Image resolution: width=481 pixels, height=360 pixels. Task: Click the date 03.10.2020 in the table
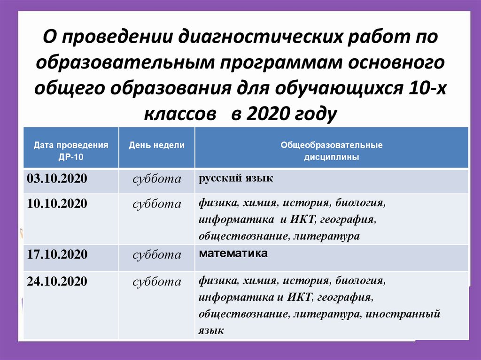[x=57, y=179]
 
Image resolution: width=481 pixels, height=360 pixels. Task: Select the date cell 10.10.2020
[x=57, y=204]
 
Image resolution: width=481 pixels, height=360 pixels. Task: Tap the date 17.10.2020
[x=57, y=255]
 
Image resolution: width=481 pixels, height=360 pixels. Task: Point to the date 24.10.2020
[x=57, y=282]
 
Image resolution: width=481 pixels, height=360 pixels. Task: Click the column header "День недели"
[x=157, y=146]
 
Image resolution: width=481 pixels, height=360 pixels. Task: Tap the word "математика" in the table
[x=233, y=254]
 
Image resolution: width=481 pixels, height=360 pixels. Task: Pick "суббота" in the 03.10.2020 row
[x=157, y=179]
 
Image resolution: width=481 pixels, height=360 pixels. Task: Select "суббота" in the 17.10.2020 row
[x=157, y=255]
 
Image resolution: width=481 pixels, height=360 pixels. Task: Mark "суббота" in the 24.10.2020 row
[x=157, y=282]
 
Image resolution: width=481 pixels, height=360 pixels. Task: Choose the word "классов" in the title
[x=178, y=113]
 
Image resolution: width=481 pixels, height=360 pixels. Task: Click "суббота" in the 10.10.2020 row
[x=157, y=204]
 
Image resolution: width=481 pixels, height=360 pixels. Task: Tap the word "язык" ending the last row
[x=211, y=330]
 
